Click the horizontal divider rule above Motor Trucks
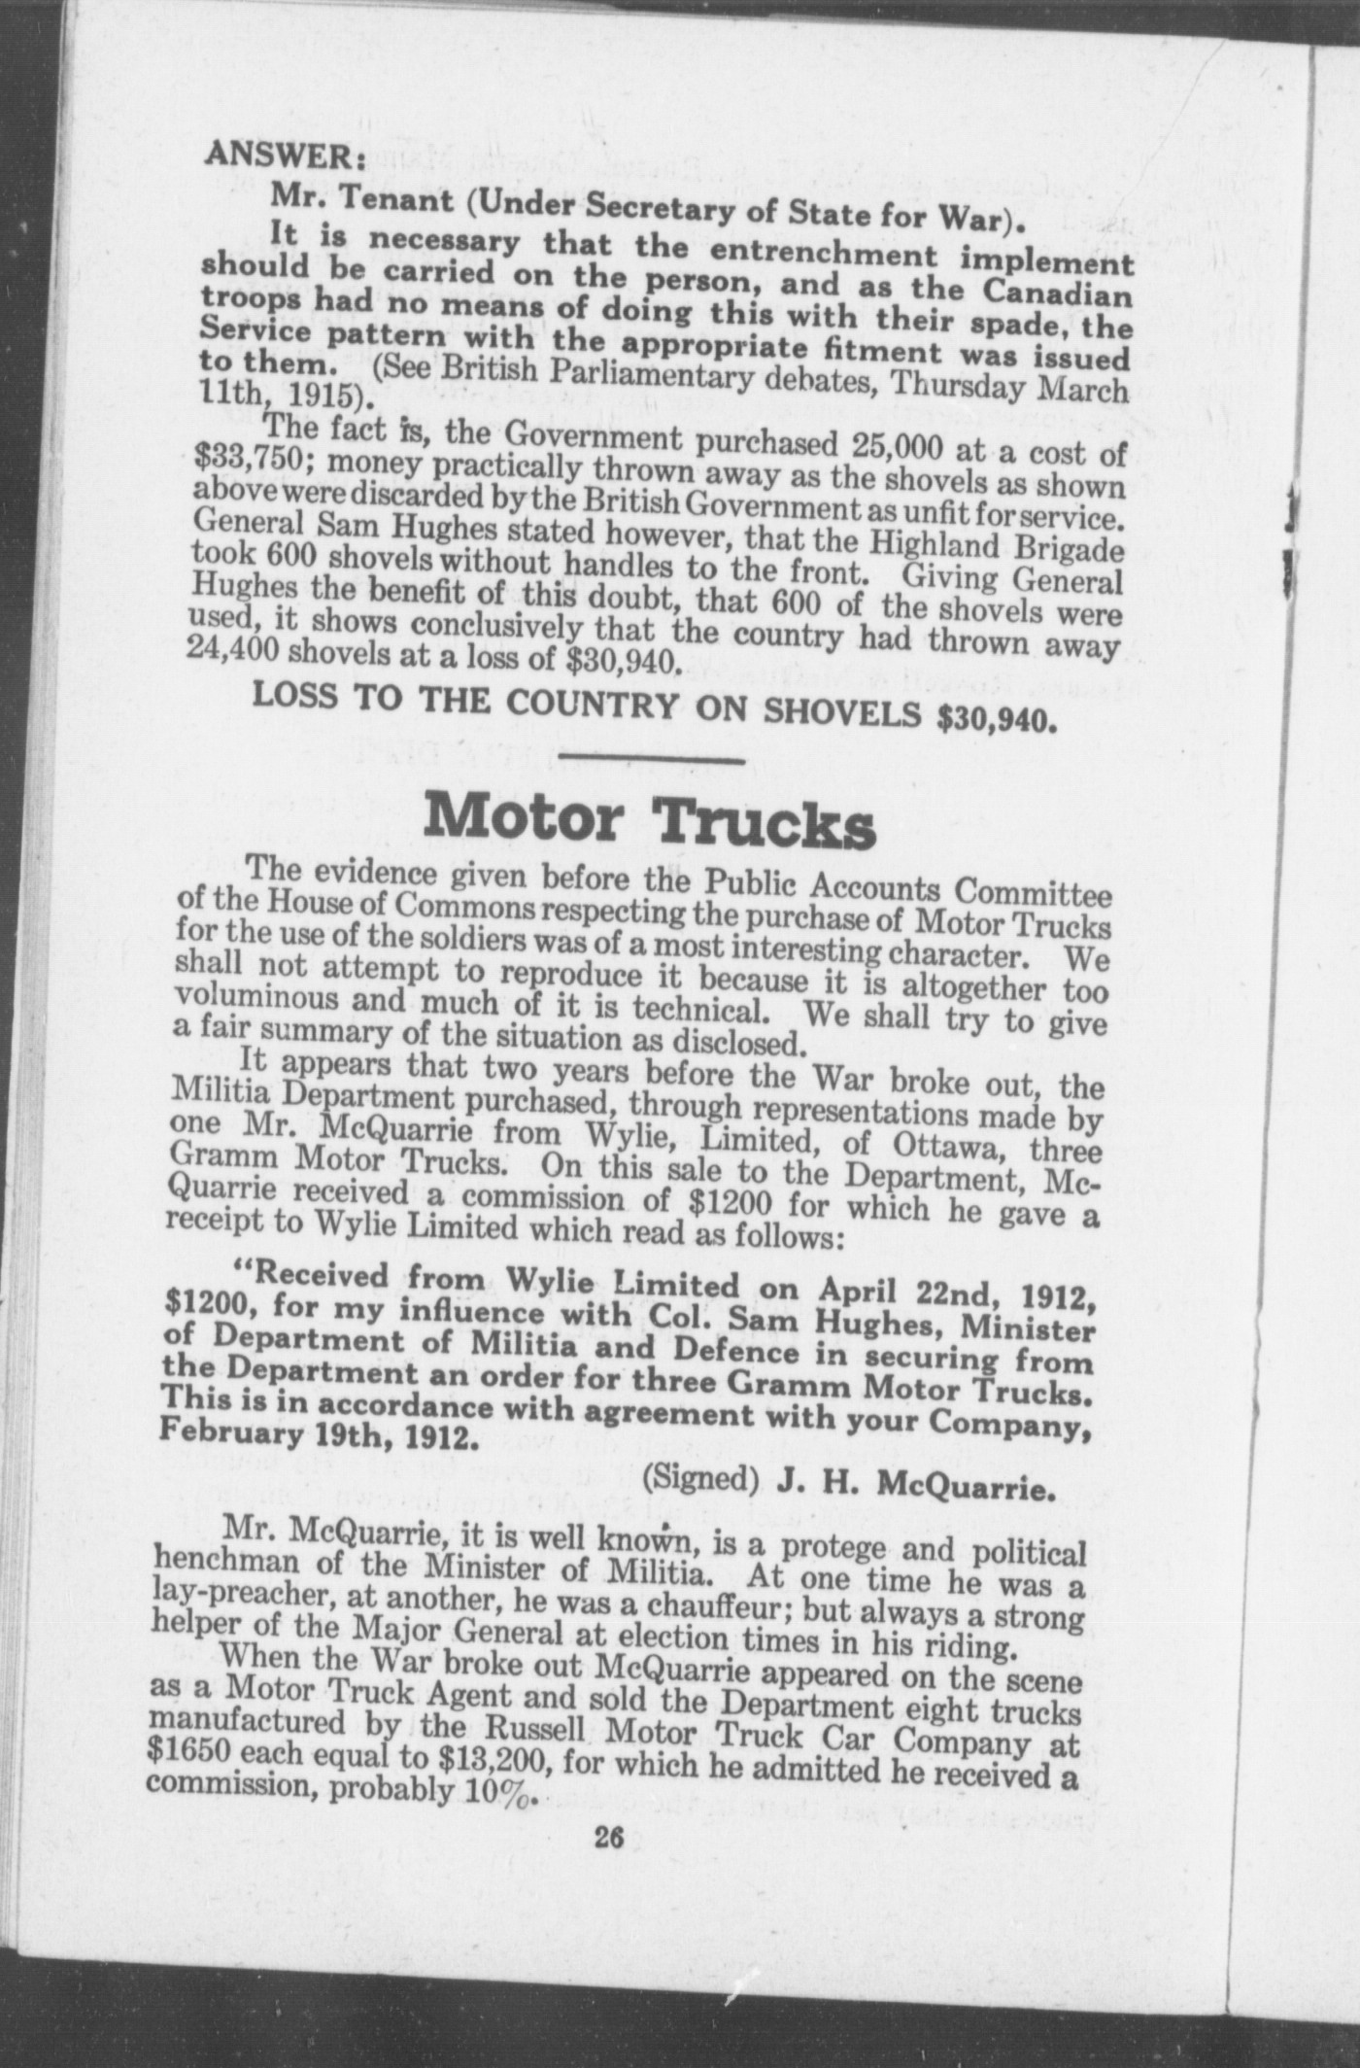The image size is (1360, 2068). pos(652,761)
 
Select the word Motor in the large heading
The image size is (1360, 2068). pos(523,819)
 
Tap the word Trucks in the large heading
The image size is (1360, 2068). pos(767,825)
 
